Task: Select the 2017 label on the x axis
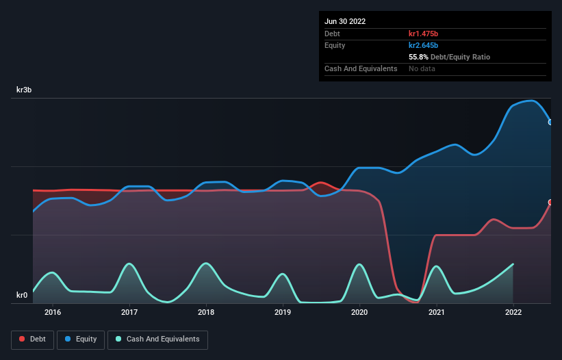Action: tap(129, 313)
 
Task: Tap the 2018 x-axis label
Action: tap(205, 313)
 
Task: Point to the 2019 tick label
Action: tap(283, 313)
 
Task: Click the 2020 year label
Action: tap(359, 313)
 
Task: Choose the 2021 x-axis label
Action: tap(436, 313)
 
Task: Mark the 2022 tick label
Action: tap(513, 313)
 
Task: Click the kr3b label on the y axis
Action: tap(27, 90)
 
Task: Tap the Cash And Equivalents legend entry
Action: tap(157, 339)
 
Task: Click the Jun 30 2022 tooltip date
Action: tap(345, 21)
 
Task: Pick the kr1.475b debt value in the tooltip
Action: tap(424, 34)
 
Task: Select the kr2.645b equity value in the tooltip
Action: tap(424, 45)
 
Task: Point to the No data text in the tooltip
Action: tap(422, 68)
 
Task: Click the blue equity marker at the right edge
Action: tap(550, 122)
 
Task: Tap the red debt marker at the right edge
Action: tap(550, 203)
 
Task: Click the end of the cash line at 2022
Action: tap(513, 264)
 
